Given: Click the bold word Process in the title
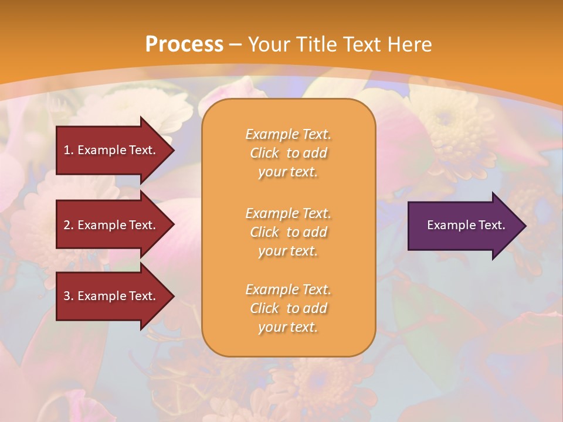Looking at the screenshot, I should [184, 45].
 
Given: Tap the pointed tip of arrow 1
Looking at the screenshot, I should [172, 150].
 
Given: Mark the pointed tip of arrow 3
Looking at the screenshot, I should [172, 296].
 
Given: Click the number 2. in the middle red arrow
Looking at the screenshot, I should [69, 225].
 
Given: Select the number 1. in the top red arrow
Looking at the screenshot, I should [69, 150].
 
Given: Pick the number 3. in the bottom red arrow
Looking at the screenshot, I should [69, 296].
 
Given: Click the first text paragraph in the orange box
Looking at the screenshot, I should [288, 153].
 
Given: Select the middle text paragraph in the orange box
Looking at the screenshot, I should [288, 232].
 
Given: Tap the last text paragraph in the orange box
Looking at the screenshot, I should [288, 308].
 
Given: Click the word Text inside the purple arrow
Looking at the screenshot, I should [491, 225].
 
